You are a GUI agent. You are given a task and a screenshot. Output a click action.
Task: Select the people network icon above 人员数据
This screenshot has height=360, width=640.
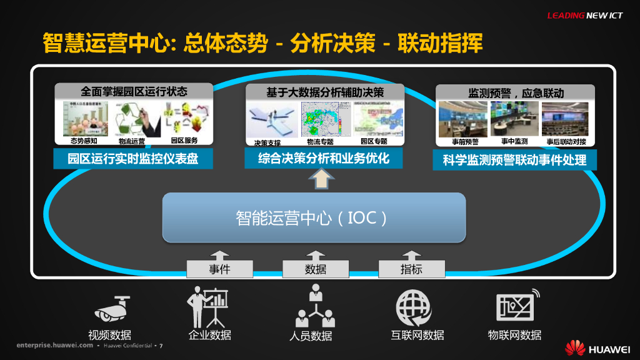[x=315, y=306]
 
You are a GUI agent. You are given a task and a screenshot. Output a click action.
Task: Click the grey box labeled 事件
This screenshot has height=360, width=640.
[x=219, y=269]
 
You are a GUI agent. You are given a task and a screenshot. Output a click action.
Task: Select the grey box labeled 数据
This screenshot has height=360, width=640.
[x=316, y=269]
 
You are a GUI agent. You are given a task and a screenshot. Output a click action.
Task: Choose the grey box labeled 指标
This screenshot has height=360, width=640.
[x=411, y=269]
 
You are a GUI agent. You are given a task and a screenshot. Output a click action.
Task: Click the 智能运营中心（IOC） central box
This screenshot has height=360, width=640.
[x=314, y=217]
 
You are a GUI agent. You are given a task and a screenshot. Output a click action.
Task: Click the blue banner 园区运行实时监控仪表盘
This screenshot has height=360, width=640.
[x=133, y=159]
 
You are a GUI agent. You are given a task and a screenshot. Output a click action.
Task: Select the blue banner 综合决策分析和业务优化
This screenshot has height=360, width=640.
[x=324, y=158]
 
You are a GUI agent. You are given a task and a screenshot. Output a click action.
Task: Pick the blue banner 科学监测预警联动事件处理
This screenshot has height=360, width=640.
[x=514, y=160]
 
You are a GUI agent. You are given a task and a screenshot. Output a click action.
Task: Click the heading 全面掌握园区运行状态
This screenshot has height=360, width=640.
[x=134, y=91]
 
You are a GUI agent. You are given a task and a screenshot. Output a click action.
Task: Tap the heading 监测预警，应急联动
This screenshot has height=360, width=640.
[x=516, y=92]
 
